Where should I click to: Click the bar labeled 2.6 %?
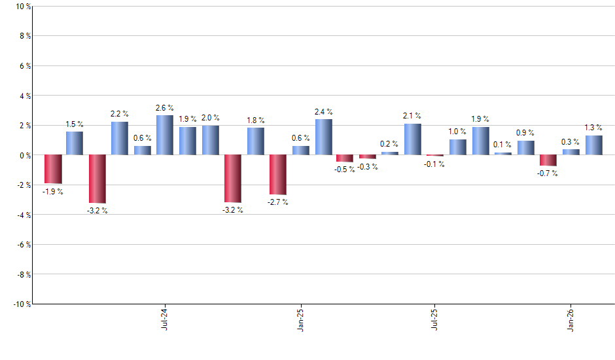coord(165,135)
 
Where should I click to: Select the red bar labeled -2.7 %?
coord(278,175)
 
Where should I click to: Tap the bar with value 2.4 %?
coord(323,137)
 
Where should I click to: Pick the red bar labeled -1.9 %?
coord(53,169)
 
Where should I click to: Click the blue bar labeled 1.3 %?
coord(594,145)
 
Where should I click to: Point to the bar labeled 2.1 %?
coord(413,139)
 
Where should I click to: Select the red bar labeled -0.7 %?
coord(548,160)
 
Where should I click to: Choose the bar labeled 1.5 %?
coord(75,143)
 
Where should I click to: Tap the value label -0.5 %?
coord(345,169)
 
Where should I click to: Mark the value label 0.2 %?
coord(390,144)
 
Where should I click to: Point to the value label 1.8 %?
coord(256,120)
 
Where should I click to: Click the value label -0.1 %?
coord(435,164)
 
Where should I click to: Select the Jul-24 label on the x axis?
coord(164,318)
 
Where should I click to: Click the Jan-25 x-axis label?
coord(300,318)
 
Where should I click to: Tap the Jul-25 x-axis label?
coord(435,318)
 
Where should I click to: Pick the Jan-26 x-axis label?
coord(571,318)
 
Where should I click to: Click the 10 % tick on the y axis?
coord(22,7)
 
